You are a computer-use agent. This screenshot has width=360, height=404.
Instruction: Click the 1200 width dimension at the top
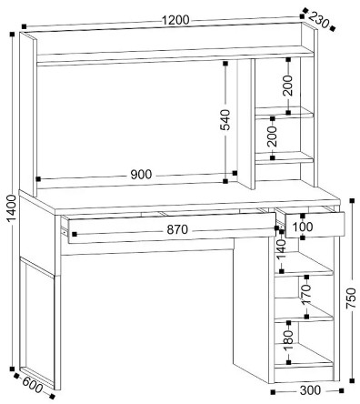coord(175,20)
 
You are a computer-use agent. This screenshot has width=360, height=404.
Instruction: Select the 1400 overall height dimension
coord(12,208)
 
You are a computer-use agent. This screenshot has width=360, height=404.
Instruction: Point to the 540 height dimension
coord(225,120)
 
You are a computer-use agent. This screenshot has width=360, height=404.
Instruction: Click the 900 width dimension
coord(141,175)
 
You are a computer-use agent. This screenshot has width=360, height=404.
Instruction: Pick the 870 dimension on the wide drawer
coord(177,229)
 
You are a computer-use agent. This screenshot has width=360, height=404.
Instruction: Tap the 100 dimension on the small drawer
coord(303,227)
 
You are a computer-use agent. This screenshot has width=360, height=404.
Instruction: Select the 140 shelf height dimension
coord(282,250)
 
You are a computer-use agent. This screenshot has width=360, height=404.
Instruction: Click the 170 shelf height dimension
coord(306,294)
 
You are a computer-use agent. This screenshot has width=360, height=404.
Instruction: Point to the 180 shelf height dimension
coord(288,339)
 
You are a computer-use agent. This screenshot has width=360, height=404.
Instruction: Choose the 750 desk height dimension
coord(352,298)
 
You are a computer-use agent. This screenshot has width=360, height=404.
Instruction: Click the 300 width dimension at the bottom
coord(310,390)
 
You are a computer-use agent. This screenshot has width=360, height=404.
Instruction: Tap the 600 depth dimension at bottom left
coord(32,385)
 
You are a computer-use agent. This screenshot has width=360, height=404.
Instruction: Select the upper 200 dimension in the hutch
coord(288,86)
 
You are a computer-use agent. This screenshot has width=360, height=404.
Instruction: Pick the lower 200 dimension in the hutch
coord(273,136)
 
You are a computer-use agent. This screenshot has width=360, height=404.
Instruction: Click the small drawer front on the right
coord(315,225)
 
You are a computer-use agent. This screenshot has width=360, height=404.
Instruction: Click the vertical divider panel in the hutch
coord(245,124)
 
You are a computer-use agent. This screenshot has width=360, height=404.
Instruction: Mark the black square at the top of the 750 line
coord(352,201)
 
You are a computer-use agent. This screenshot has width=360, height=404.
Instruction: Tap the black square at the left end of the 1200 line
coord(25,26)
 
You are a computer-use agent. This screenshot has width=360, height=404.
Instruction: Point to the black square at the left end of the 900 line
coord(38,179)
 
